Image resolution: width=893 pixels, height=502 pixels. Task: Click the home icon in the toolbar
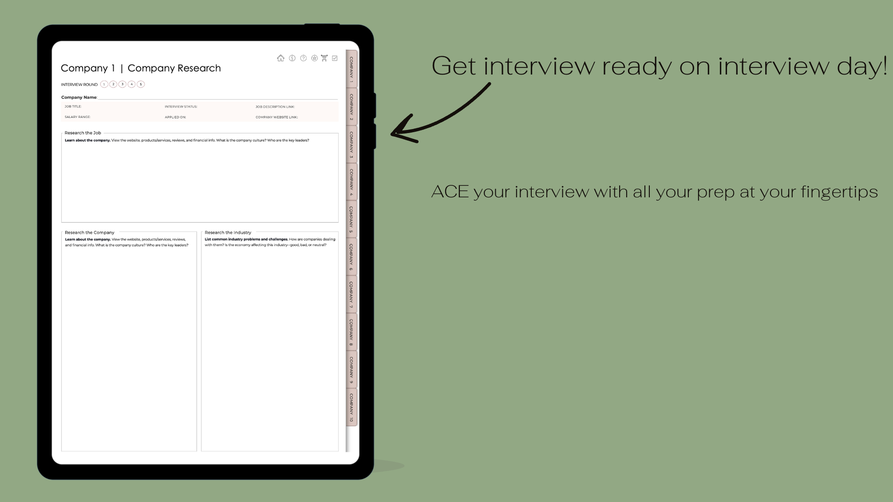(x=281, y=58)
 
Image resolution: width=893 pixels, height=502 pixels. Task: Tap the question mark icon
(x=304, y=58)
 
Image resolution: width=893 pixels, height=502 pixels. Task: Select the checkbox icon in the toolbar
(x=335, y=58)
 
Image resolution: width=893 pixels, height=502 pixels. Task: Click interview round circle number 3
(x=122, y=84)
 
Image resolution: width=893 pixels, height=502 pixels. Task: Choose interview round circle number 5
(x=141, y=84)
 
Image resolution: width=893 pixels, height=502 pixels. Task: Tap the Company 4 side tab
(x=352, y=182)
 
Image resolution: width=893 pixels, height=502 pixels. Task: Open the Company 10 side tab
(x=352, y=408)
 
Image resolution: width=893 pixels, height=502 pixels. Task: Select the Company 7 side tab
(x=352, y=295)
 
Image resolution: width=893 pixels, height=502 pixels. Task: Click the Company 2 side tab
(x=352, y=107)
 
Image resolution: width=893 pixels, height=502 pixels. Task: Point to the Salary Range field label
(x=78, y=117)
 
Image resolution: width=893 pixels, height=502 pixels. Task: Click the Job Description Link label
(x=275, y=107)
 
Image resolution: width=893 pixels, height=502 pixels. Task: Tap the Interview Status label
(x=181, y=107)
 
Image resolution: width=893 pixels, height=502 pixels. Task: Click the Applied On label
(x=175, y=117)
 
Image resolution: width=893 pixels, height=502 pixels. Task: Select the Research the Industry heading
(x=228, y=232)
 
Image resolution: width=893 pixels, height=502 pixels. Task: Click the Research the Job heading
(x=83, y=133)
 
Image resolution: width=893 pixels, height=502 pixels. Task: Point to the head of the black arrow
(x=392, y=133)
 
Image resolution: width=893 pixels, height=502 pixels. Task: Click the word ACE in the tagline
(x=450, y=192)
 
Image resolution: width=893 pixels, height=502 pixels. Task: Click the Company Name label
(x=79, y=98)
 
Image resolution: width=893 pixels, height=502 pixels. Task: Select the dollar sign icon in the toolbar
(x=292, y=58)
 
